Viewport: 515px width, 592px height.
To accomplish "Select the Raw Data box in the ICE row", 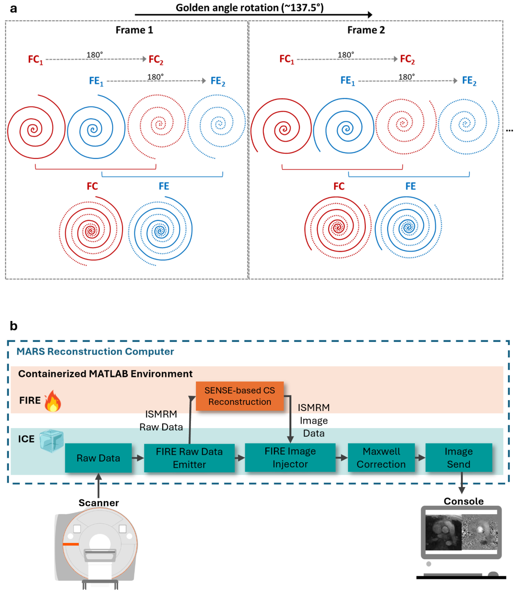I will pyautogui.click(x=98, y=458).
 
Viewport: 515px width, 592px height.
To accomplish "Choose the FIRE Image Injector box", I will pyautogui.click(x=290, y=457).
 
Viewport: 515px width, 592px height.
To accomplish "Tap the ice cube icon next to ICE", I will pyautogui.click(x=51, y=441).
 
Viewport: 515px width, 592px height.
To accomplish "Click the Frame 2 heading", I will pyautogui.click(x=366, y=30).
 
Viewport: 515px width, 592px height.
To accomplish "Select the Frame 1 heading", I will pyautogui.click(x=134, y=30).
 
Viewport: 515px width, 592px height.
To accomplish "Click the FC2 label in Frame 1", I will pyautogui.click(x=156, y=60).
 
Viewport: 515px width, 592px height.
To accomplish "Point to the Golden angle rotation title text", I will pyautogui.click(x=249, y=8).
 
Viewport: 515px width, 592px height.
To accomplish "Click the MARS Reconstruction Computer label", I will pyautogui.click(x=95, y=351).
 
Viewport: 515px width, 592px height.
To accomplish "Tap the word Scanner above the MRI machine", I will pyautogui.click(x=99, y=503).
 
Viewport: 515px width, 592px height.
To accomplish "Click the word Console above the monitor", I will pyautogui.click(x=463, y=501).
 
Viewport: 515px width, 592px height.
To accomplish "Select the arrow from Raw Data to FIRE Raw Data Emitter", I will pyautogui.click(x=138, y=458).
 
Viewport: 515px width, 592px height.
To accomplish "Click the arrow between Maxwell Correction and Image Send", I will pyautogui.click(x=420, y=458).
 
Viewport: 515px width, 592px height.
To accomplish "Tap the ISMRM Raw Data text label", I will pyautogui.click(x=161, y=420).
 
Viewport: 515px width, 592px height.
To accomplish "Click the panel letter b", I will pyautogui.click(x=13, y=326).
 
